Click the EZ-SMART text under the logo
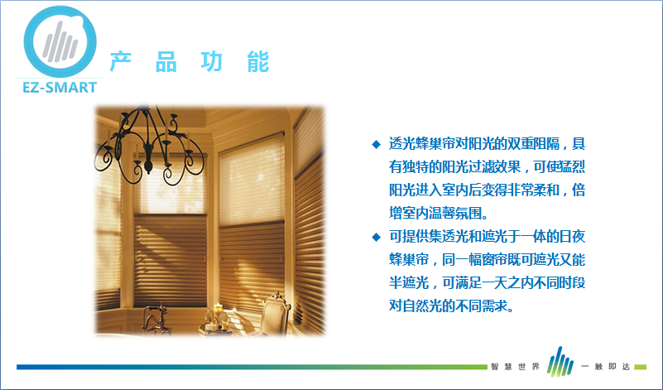(60, 87)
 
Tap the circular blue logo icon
(60, 41)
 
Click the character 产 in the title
(121, 62)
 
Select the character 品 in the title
(166, 62)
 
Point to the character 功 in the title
(212, 62)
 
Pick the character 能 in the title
(258, 62)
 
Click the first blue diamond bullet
(376, 145)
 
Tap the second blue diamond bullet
(376, 237)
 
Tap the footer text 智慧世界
(515, 366)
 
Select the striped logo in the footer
(560, 362)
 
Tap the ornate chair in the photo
(274, 313)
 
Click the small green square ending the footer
(640, 367)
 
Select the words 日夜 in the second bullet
(572, 236)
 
